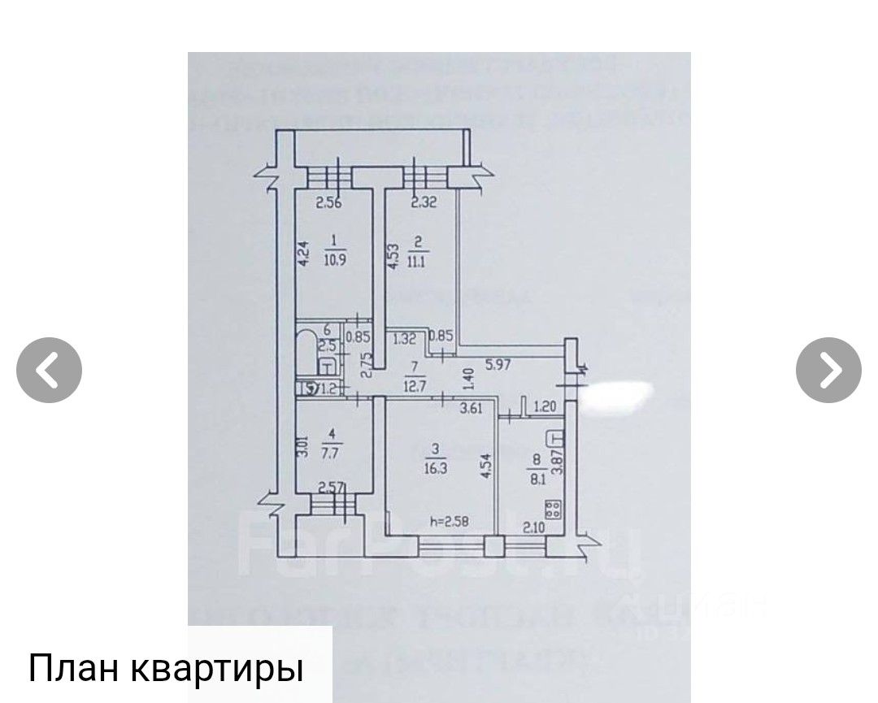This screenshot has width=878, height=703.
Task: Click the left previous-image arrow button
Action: [x=49, y=370]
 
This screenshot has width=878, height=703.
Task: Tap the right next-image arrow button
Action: [x=828, y=370]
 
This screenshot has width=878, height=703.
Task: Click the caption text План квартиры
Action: [x=166, y=667]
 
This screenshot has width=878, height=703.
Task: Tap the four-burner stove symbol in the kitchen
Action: [x=554, y=510]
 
